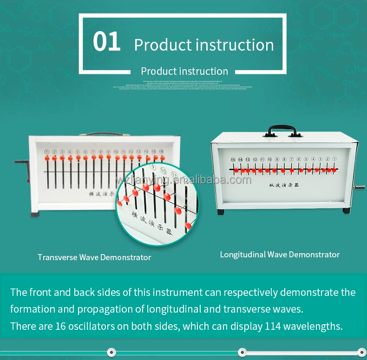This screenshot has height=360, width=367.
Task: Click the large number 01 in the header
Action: click(x=106, y=42)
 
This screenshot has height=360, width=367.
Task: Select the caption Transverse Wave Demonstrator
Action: click(x=94, y=257)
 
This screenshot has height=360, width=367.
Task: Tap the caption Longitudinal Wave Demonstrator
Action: click(x=280, y=255)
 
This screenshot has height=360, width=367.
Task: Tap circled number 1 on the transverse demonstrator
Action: click(x=46, y=152)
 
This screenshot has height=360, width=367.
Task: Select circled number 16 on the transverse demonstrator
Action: click(x=161, y=151)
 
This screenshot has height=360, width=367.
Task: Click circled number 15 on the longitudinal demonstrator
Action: click(x=233, y=159)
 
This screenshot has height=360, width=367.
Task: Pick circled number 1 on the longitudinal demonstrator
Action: click(x=334, y=159)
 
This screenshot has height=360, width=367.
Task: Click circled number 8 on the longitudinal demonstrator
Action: click(x=284, y=159)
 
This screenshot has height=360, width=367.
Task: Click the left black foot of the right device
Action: click(x=220, y=212)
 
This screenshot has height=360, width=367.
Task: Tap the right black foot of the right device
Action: click(x=346, y=210)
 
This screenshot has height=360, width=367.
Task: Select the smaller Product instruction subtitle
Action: click(x=184, y=72)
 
